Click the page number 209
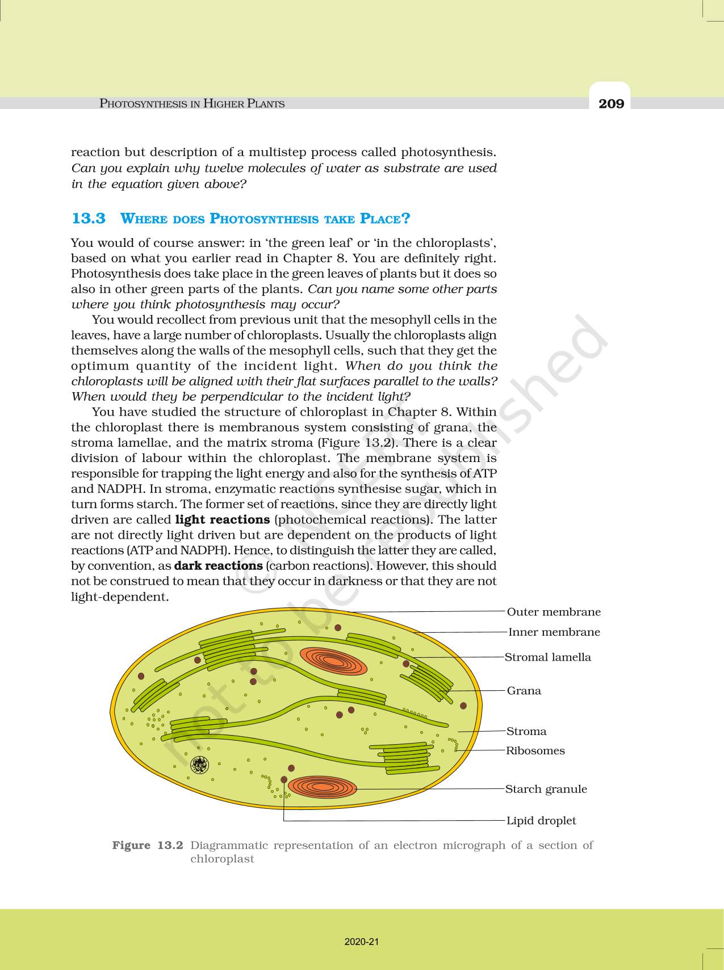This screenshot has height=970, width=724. [x=611, y=103]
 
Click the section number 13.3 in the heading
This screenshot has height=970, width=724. [x=89, y=219]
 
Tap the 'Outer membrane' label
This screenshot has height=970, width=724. [x=553, y=612]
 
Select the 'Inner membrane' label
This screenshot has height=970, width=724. [x=554, y=632]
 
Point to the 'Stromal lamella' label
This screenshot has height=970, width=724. [x=547, y=657]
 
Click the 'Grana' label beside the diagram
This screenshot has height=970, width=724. [x=524, y=691]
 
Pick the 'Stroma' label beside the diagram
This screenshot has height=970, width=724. [x=526, y=732]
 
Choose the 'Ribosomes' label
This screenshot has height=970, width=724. [x=535, y=751]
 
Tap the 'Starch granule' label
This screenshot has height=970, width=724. [x=546, y=789]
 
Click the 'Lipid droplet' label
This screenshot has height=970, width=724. [x=541, y=821]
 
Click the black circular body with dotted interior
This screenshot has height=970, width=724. [x=200, y=766]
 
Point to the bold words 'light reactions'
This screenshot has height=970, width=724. [x=222, y=520]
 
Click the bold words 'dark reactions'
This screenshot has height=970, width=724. [x=218, y=566]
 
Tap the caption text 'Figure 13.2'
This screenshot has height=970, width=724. [x=148, y=845]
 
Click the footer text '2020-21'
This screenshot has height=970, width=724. [x=361, y=942]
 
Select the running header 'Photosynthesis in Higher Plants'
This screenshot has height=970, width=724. [x=192, y=103]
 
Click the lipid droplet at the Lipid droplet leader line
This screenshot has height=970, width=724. [x=284, y=780]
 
